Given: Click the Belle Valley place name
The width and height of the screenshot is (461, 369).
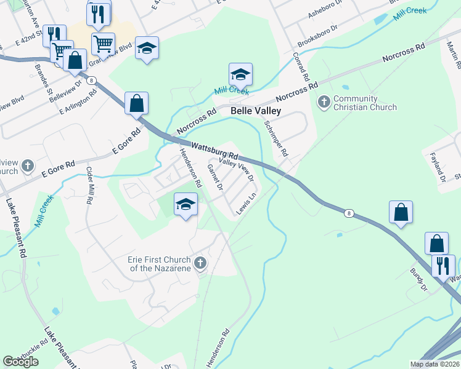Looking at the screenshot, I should point(256,111).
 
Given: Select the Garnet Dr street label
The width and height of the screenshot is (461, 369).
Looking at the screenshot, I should point(214,177).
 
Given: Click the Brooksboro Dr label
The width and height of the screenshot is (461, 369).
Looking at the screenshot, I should point(319,36).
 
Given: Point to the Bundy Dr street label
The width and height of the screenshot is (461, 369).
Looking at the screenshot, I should point(419,279).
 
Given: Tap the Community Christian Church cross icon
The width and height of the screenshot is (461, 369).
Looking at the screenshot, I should point(323,101).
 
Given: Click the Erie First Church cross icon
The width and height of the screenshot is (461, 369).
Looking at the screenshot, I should point(200,264).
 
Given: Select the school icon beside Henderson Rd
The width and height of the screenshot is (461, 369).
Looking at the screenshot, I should point(186,204).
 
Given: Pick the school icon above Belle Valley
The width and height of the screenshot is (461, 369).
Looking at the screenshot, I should point(240,74).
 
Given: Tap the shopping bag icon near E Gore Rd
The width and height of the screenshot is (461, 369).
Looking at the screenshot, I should point(136,103).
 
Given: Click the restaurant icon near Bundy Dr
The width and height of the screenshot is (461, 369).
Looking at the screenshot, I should point(443,266).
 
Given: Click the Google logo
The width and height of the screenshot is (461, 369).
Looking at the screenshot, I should point(21,362).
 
